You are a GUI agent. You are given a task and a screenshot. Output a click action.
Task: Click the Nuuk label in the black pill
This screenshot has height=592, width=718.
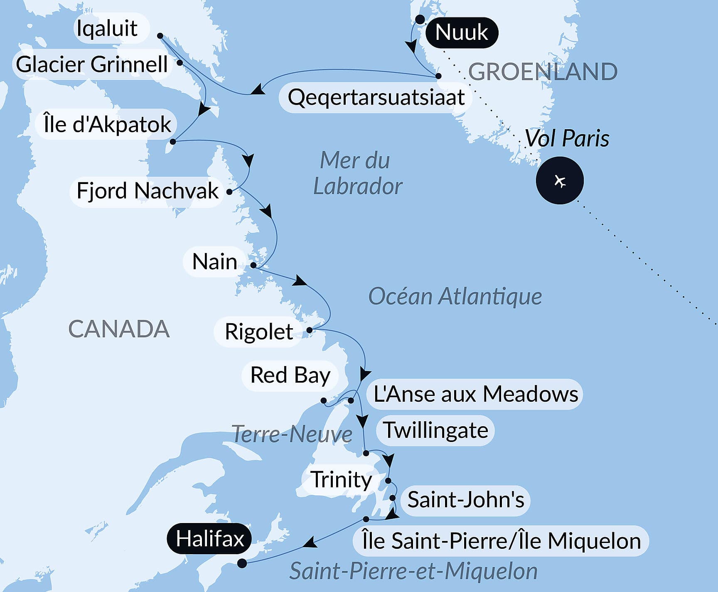(461, 32)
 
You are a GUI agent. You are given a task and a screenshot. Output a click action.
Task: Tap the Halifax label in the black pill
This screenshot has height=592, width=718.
(209, 539)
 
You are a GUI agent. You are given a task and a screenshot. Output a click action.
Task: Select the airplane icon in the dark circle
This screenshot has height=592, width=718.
(560, 181)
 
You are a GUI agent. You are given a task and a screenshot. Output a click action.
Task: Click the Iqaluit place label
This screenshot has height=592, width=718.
(107, 28)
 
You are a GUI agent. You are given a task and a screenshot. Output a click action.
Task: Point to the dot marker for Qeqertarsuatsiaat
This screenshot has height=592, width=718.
(438, 76)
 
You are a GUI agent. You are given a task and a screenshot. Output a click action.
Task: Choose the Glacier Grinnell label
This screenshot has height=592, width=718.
(92, 64)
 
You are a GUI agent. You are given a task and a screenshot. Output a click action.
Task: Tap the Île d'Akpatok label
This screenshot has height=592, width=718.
(107, 124)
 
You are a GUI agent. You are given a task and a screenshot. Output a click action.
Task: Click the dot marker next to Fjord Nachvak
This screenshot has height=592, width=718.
(229, 192)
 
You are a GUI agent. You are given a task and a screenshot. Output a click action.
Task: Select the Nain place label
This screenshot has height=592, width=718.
(215, 262)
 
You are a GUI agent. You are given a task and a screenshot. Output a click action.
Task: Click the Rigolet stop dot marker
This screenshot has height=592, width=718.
(309, 330)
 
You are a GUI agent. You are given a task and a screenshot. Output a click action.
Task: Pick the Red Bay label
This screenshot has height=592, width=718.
(290, 375)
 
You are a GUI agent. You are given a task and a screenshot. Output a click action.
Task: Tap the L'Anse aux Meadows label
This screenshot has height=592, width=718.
(475, 394)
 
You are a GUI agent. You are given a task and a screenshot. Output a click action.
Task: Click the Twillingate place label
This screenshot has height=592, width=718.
(435, 430)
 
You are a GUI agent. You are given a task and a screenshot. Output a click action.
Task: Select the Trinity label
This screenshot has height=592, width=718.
(341, 480)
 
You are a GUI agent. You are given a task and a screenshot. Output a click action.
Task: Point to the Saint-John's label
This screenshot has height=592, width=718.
(465, 499)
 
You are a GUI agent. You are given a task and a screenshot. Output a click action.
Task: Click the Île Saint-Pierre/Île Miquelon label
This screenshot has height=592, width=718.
(501, 541)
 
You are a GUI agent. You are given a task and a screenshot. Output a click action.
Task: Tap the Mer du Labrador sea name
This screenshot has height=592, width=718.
(357, 173)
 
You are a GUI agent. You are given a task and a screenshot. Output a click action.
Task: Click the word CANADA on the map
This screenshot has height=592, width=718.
(119, 329)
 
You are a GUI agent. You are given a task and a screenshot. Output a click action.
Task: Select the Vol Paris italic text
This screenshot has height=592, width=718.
(567, 138)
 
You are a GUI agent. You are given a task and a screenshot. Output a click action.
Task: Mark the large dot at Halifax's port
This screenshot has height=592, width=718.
(242, 563)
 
